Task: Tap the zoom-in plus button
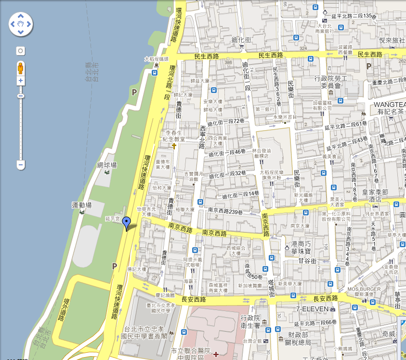pyautogui.click(x=21, y=81)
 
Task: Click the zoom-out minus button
pyautogui.click(x=21, y=165)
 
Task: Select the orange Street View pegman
pyautogui.click(x=21, y=67)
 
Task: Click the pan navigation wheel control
pyautogui.click(x=20, y=24)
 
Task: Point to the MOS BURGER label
pyautogui.click(x=364, y=290)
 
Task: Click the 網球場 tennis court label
pyautogui.click(x=107, y=165)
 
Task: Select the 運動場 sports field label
pyautogui.click(x=82, y=205)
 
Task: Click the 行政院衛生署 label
pyautogui.click(x=250, y=321)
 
